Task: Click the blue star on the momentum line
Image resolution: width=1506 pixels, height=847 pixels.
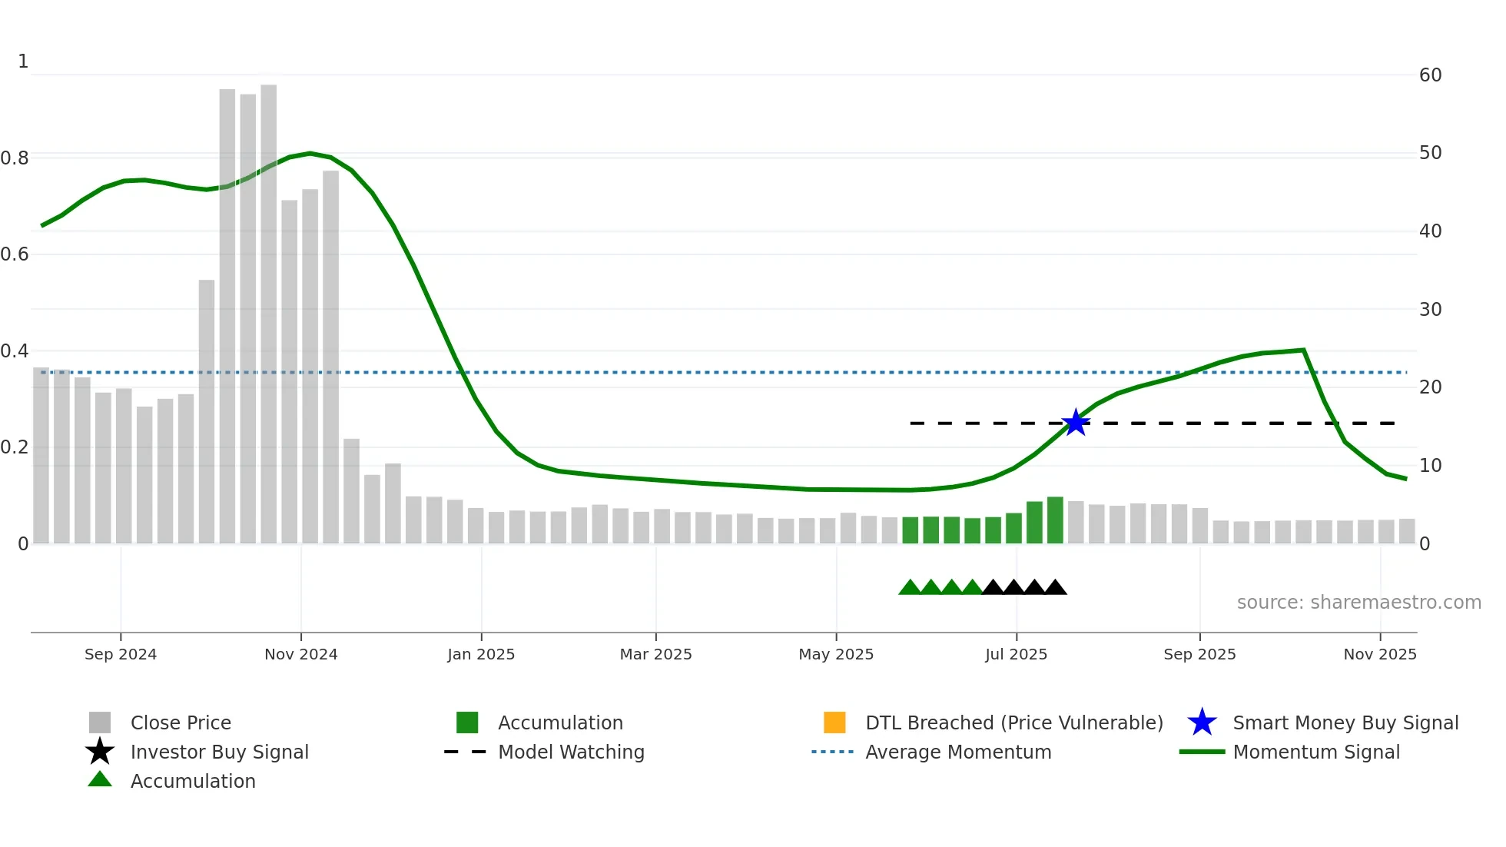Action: tap(1076, 423)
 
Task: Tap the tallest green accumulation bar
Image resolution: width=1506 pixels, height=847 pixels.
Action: tap(1055, 520)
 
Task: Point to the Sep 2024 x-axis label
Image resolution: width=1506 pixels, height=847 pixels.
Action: tap(121, 654)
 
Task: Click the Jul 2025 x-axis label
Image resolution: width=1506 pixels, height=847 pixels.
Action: tap(1016, 654)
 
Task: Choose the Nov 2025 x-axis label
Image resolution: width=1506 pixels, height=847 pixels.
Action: tap(1379, 654)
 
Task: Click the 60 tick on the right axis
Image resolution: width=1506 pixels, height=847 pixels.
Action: tap(1430, 75)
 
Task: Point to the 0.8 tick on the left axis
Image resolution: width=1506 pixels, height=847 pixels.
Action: tap(15, 158)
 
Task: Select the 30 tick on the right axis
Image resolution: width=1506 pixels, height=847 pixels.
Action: tap(1430, 309)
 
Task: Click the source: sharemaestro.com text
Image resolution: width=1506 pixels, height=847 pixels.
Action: tap(1358, 603)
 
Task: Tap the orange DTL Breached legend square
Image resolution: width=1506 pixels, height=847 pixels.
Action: tap(834, 722)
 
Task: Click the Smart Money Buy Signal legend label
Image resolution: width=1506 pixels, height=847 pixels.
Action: tap(1345, 722)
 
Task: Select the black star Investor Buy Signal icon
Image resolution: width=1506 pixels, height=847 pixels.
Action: tap(100, 752)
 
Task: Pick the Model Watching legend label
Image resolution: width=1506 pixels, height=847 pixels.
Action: tap(571, 752)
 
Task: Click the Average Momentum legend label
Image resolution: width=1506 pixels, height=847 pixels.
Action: tap(958, 752)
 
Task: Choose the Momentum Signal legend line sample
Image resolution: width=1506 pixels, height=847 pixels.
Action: tap(1202, 752)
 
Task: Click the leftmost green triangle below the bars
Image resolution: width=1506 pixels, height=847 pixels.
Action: tap(910, 588)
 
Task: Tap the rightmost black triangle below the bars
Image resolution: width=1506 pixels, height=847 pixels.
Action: tap(1055, 588)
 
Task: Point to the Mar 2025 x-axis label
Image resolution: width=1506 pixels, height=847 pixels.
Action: tap(655, 654)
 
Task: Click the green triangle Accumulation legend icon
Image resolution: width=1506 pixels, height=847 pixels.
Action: tap(100, 779)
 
